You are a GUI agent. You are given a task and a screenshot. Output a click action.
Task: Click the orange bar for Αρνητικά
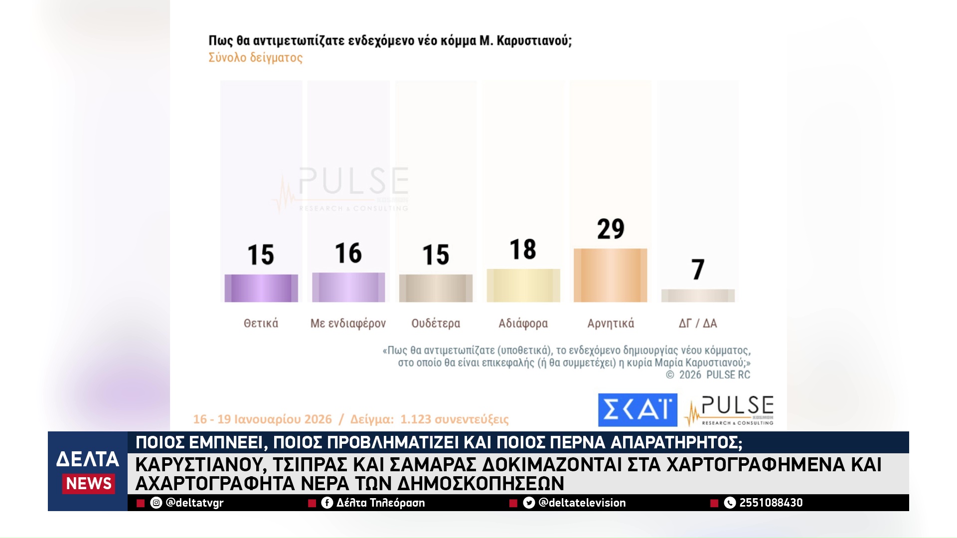pyautogui.click(x=611, y=275)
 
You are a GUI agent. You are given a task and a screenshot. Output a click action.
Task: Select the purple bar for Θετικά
pyautogui.click(x=261, y=288)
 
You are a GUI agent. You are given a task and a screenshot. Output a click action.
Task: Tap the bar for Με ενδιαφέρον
pyautogui.click(x=348, y=287)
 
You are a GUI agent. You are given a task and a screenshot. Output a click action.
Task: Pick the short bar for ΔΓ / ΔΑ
pyautogui.click(x=698, y=295)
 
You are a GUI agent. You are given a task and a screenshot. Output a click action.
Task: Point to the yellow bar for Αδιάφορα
pyautogui.click(x=523, y=285)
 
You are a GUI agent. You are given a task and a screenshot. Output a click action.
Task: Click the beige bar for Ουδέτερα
pyautogui.click(x=436, y=288)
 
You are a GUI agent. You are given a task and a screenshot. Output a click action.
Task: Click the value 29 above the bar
pyautogui.click(x=611, y=229)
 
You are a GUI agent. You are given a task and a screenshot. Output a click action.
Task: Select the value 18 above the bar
pyautogui.click(x=523, y=249)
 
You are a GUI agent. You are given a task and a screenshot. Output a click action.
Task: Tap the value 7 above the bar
pyautogui.click(x=698, y=269)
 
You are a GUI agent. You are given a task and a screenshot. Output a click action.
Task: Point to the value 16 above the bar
pyautogui.click(x=348, y=253)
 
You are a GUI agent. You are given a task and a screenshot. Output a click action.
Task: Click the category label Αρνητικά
pyautogui.click(x=611, y=323)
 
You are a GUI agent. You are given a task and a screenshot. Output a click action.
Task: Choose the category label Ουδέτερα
pyautogui.click(x=436, y=323)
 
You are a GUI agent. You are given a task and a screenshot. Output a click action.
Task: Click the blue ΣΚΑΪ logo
pyautogui.click(x=638, y=410)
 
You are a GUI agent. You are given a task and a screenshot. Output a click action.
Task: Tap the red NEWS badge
pyautogui.click(x=89, y=483)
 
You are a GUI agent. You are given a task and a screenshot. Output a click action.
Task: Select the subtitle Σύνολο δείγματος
pyautogui.click(x=255, y=58)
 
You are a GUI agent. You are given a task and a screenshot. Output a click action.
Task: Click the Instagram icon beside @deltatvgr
pyautogui.click(x=156, y=503)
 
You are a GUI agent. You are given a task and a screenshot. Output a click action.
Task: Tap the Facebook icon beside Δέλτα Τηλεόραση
pyautogui.click(x=327, y=503)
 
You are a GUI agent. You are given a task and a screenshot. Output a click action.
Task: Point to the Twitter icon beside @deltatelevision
pyautogui.click(x=529, y=503)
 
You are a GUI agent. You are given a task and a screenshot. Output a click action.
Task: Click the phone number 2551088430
pyautogui.click(x=771, y=503)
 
